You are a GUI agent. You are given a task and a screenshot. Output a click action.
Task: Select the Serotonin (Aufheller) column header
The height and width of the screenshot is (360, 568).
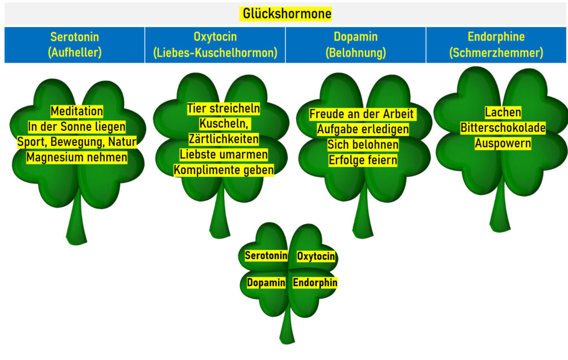pyautogui.click(x=74, y=45)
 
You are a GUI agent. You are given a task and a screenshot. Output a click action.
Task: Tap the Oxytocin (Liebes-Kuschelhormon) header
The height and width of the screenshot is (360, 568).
pyautogui.click(x=215, y=45)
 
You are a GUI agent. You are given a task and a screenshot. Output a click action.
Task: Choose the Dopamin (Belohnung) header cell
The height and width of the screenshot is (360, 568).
pyautogui.click(x=356, y=45)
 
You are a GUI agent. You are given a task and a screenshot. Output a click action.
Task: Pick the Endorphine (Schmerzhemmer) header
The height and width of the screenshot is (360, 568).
pyautogui.click(x=496, y=45)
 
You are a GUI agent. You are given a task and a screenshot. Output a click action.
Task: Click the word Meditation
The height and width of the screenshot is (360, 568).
pyautogui.click(x=77, y=111)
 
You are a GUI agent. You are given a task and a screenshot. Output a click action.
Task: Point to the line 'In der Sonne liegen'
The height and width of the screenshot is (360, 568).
pyautogui.click(x=77, y=127)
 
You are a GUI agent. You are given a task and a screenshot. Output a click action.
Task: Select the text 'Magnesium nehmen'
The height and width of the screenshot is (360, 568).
pyautogui.click(x=77, y=158)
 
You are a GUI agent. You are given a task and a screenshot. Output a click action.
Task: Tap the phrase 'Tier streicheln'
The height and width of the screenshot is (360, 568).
pyautogui.click(x=223, y=108)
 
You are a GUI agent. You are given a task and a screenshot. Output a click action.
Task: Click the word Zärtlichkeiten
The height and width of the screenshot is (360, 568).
pyautogui.click(x=223, y=139)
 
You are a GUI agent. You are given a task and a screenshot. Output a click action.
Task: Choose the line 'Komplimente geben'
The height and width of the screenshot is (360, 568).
pyautogui.click(x=223, y=170)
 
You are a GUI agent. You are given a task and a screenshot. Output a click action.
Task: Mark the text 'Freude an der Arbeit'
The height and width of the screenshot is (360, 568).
pyautogui.click(x=362, y=114)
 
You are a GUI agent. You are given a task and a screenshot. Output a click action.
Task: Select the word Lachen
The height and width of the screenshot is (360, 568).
pyautogui.click(x=503, y=113)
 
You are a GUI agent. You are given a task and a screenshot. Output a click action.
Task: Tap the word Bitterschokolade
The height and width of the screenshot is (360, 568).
pyautogui.click(x=503, y=128)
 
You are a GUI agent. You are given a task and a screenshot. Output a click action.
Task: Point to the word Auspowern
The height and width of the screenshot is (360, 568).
pyautogui.click(x=503, y=143)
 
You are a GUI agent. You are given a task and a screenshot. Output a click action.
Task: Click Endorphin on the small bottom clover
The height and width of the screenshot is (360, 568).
pyautogui.click(x=315, y=283)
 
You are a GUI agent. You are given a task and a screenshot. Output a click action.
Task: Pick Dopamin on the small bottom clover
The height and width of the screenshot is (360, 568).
pyautogui.click(x=266, y=283)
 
